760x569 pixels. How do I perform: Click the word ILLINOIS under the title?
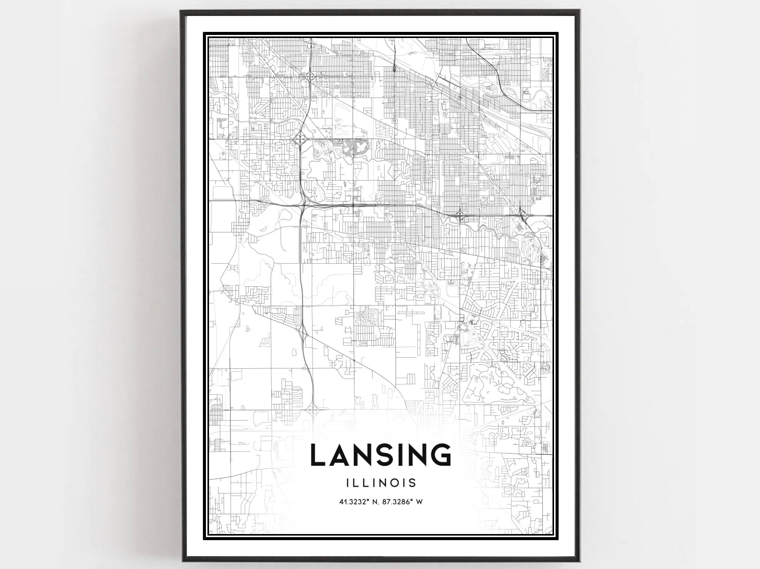(x=381, y=483)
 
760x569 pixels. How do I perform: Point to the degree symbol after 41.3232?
(x=367, y=500)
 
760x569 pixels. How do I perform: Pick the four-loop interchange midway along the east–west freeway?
(x=460, y=216)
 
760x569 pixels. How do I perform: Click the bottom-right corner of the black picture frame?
(x=579, y=561)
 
